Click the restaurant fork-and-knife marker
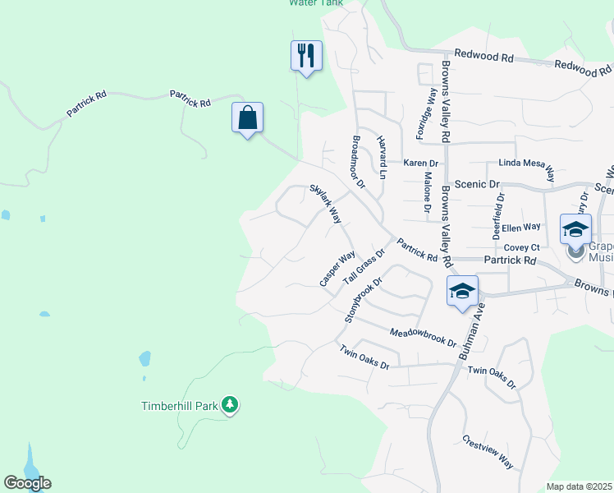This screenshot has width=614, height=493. tap(306, 56)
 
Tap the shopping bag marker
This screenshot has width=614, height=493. tap(247, 117)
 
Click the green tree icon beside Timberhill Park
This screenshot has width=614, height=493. tap(231, 404)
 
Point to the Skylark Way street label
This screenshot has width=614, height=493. tap(325, 204)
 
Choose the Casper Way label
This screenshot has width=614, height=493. tap(337, 269)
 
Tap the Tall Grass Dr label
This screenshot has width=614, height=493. tap(364, 267)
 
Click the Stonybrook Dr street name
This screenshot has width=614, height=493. tap(364, 299)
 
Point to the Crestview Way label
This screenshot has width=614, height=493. tap(488, 452)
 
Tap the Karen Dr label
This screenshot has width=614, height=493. tap(420, 164)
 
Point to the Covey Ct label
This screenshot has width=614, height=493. tap(521, 247)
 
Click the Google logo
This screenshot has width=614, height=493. tap(27, 483)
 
